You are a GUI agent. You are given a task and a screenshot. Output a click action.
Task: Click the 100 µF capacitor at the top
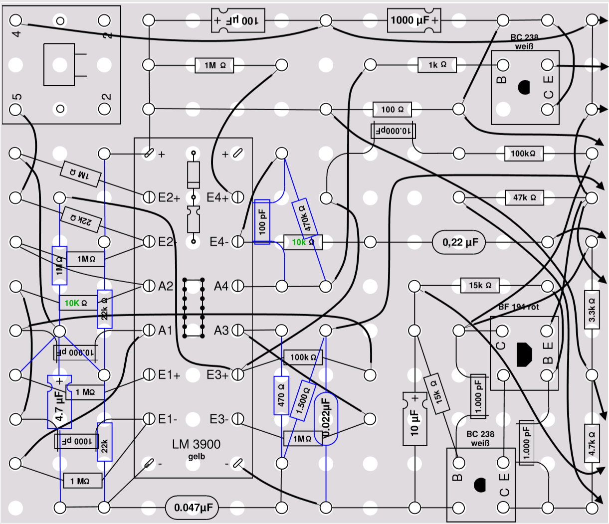[x=238, y=20]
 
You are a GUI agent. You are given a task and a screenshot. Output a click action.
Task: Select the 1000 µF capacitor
[x=414, y=20]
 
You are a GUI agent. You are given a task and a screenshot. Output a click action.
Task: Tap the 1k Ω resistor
[x=437, y=65]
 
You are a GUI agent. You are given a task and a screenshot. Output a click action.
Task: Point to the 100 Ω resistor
[x=392, y=110]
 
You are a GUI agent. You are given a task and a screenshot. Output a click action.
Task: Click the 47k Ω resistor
[x=524, y=197]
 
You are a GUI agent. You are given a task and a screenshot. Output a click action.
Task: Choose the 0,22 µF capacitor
[x=458, y=242]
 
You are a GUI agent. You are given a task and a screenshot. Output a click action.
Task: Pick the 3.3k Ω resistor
[x=592, y=310]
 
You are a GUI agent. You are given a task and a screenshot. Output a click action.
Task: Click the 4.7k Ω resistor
[x=592, y=443]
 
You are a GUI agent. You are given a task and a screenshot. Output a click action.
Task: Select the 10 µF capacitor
[x=415, y=419]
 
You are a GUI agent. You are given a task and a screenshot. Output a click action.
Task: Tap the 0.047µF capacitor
[x=192, y=508]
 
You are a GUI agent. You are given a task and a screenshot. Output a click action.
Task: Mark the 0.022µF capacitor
[x=326, y=419]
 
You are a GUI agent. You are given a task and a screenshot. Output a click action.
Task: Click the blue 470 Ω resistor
[x=281, y=395]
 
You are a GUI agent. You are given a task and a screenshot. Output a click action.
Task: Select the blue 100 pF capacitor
[x=262, y=222]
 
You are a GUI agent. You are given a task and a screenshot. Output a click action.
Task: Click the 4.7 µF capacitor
[x=59, y=402]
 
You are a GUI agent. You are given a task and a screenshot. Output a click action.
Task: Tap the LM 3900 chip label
[x=196, y=444]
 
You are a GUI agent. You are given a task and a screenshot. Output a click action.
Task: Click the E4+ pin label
[x=217, y=197]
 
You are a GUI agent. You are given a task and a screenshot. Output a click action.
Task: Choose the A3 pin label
[x=221, y=331]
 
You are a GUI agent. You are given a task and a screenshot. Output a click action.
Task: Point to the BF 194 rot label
[x=519, y=307]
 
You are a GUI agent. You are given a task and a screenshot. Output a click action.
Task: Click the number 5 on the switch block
[x=17, y=97]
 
